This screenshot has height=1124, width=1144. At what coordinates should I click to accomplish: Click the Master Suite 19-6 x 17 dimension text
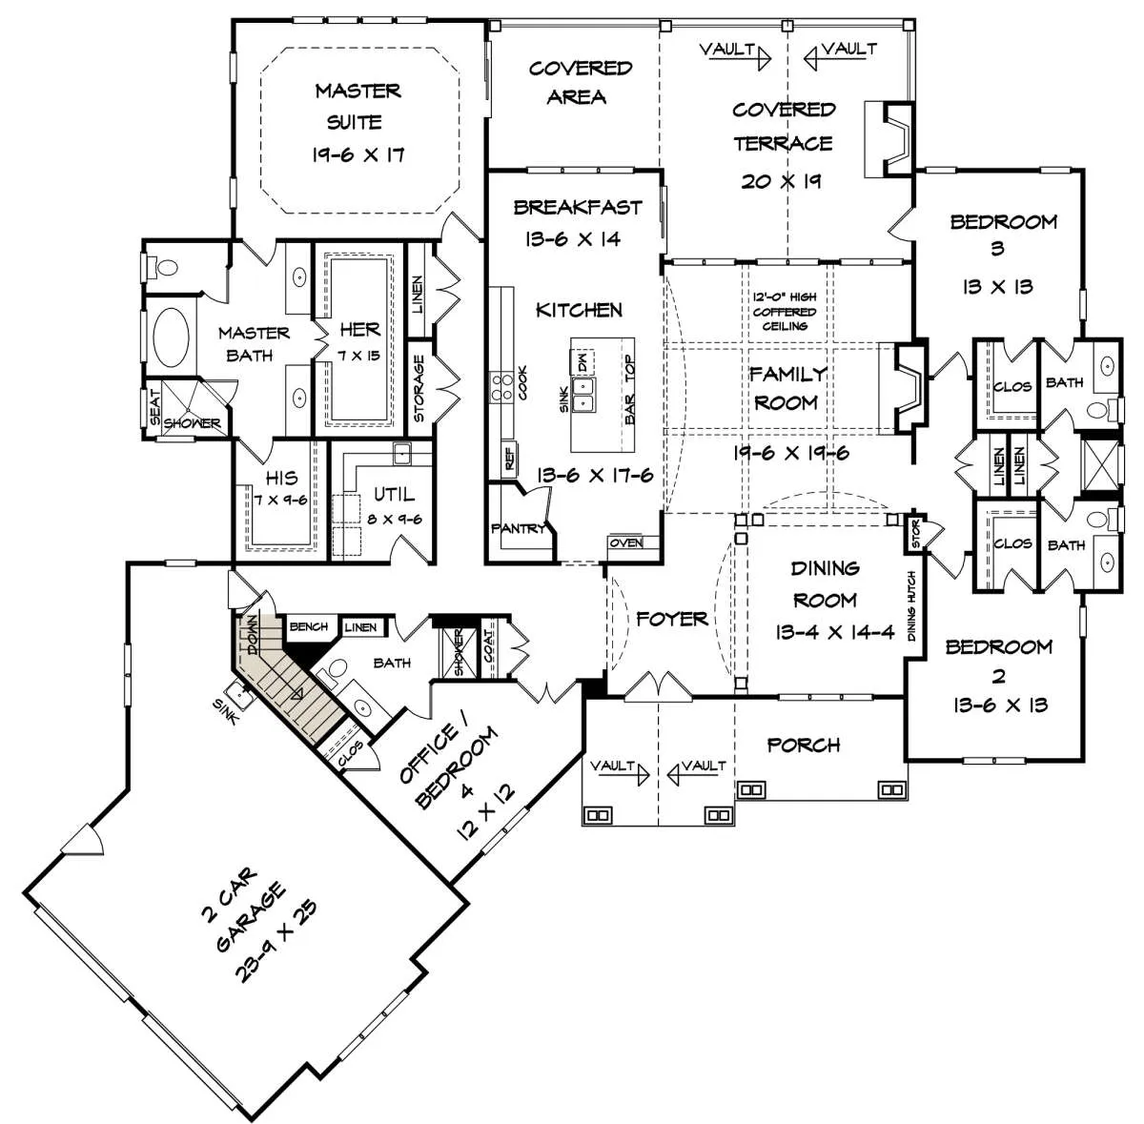(358, 155)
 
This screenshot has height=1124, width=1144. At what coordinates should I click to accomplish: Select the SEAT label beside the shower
(155, 406)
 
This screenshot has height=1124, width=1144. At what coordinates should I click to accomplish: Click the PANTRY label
(519, 528)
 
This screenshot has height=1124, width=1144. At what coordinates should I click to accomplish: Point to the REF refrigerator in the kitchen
(509, 458)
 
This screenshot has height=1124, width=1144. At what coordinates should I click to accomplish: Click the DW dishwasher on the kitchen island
(582, 360)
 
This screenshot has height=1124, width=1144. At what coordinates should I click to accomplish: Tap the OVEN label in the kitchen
(626, 542)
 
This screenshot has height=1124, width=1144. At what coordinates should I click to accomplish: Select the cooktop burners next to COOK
(501, 386)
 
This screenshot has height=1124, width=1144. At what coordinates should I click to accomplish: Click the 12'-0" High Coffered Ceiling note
(785, 311)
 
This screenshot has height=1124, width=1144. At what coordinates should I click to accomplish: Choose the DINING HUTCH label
(911, 606)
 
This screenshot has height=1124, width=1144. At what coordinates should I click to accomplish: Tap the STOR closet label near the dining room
(915, 534)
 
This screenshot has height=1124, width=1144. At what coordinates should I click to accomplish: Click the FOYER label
(671, 620)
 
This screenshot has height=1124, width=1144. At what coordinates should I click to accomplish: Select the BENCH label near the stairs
(308, 626)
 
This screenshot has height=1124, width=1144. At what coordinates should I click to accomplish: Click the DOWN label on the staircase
(254, 635)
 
